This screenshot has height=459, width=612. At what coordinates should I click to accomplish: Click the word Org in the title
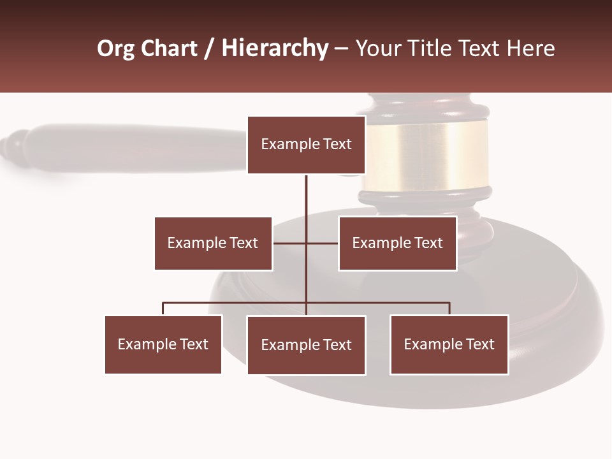[x=115, y=48]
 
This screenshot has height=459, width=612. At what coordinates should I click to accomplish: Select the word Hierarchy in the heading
[x=275, y=48]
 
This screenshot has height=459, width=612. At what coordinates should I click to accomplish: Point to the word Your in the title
[x=377, y=48]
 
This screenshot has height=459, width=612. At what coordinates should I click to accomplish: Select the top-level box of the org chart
[x=306, y=145]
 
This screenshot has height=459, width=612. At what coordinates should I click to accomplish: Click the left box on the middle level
[x=213, y=243]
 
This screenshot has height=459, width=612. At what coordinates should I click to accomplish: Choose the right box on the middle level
[x=397, y=243]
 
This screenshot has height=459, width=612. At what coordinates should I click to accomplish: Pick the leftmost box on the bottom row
[x=163, y=344]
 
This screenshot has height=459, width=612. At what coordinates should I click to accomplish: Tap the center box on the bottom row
[x=306, y=345]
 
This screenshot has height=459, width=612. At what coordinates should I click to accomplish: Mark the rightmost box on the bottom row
[x=449, y=344]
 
